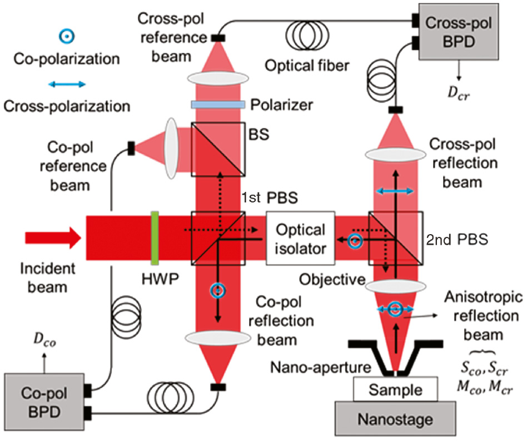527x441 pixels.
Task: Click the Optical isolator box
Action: point(300,239)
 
